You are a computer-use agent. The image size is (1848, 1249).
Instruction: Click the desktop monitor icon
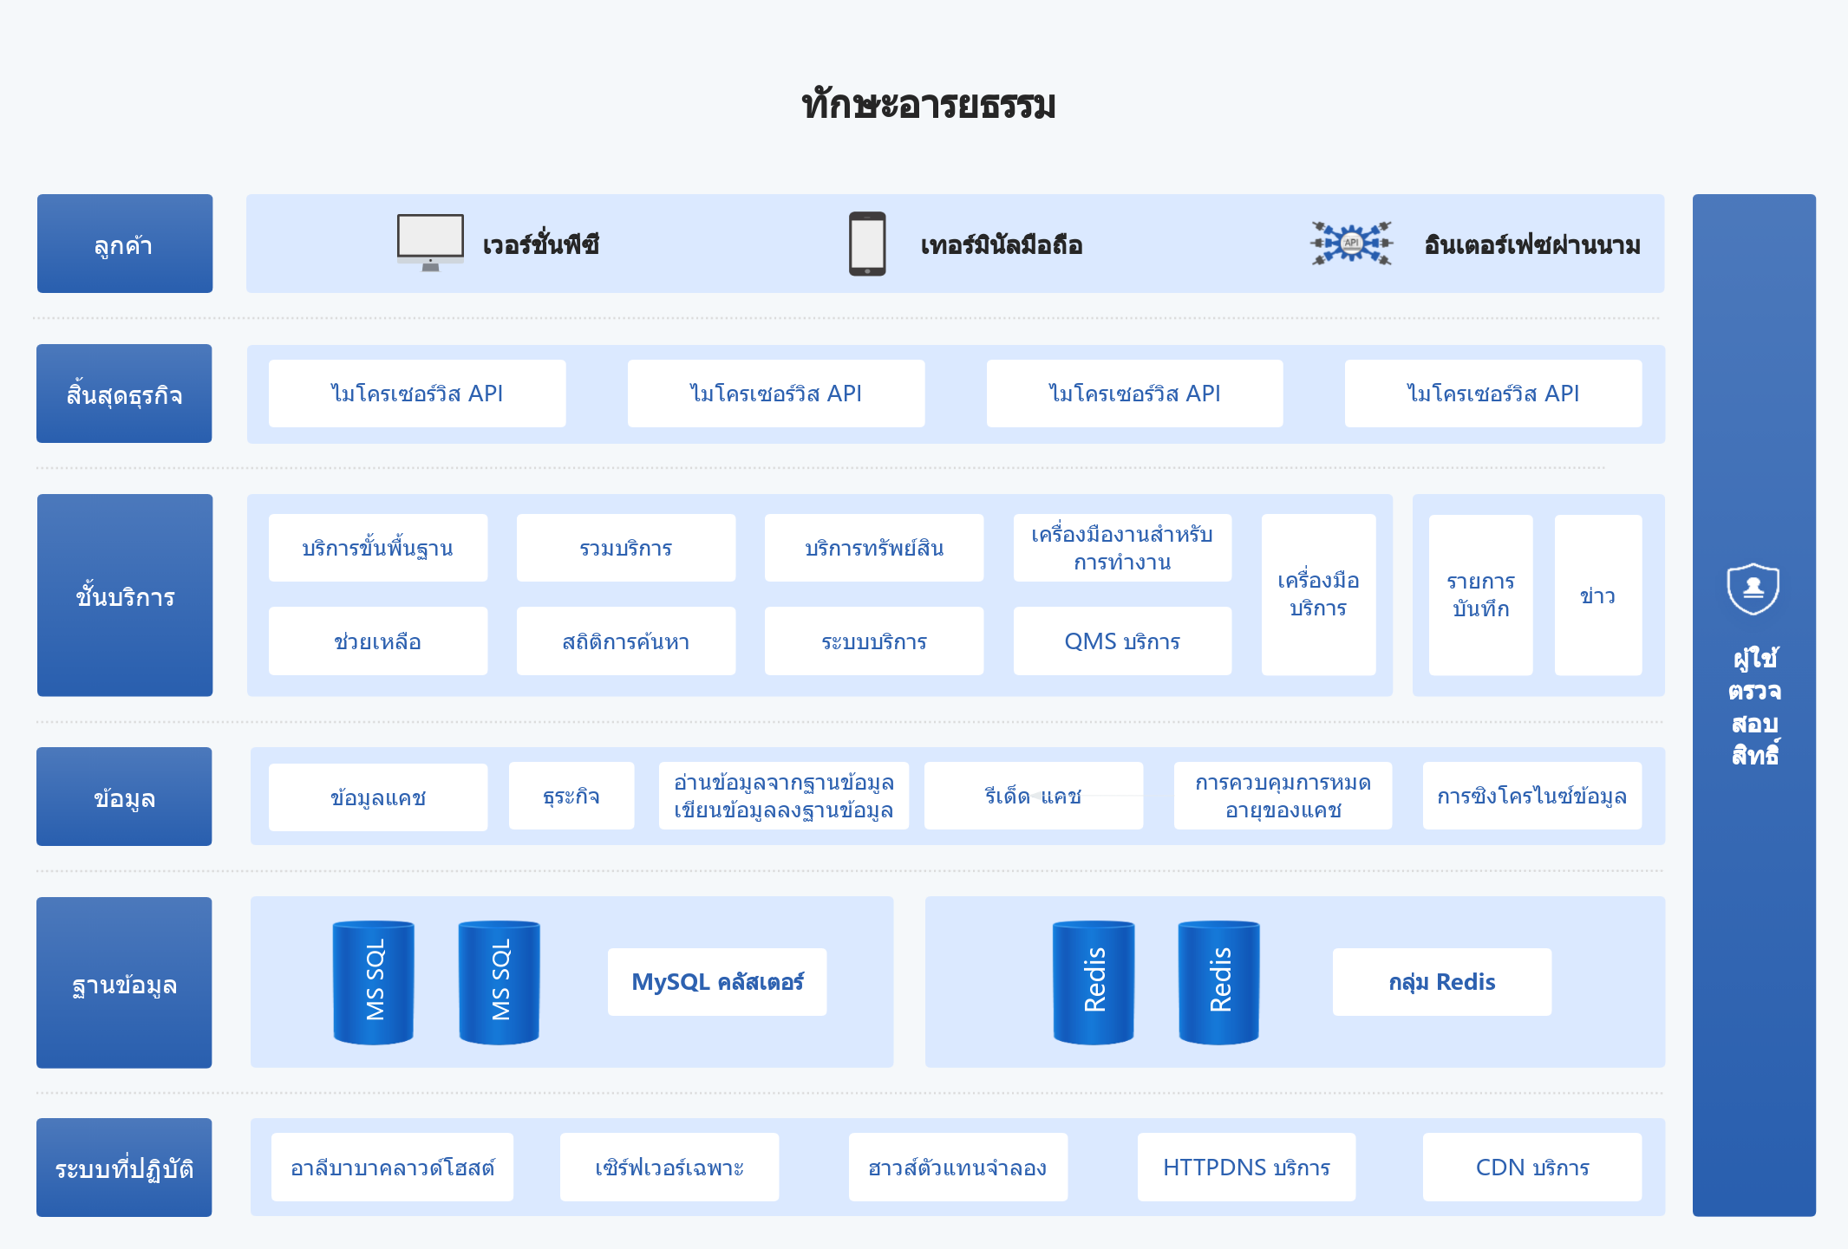point(430,243)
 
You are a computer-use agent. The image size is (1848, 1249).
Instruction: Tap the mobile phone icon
point(867,244)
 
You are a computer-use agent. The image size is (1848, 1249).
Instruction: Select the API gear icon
point(1351,243)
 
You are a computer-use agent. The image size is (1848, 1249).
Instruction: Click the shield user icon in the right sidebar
point(1753,589)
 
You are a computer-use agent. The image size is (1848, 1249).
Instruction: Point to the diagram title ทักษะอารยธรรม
point(929,105)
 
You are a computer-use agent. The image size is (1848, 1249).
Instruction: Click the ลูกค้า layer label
point(125,244)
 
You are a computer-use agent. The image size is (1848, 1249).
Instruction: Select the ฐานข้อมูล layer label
point(124,983)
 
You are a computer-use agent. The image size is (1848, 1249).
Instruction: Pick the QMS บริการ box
point(1122,641)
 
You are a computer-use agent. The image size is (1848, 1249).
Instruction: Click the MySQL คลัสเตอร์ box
point(717,982)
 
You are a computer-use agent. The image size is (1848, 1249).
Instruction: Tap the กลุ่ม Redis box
point(1442,982)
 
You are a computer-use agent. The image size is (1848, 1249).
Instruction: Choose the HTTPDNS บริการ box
point(1246,1168)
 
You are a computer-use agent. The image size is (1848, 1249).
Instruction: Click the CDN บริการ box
point(1532,1168)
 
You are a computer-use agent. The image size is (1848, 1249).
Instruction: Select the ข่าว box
point(1598,595)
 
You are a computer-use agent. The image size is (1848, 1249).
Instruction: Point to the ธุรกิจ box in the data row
point(571,797)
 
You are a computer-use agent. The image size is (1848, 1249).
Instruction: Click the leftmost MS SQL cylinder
point(374,982)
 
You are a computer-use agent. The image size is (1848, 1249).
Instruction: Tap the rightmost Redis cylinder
point(1219,982)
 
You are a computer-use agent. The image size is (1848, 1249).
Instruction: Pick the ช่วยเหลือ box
point(378,641)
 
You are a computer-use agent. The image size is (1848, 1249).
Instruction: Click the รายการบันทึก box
point(1481,595)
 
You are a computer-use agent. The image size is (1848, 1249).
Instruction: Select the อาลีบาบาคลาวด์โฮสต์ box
point(393,1168)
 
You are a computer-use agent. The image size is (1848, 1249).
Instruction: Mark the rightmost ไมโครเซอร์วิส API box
point(1493,394)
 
